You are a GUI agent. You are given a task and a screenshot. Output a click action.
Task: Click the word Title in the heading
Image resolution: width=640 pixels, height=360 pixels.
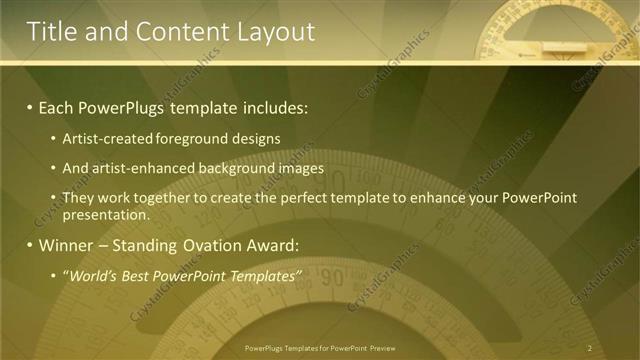click(52, 32)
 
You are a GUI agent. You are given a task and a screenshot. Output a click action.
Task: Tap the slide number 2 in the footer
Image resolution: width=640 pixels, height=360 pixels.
click(590, 348)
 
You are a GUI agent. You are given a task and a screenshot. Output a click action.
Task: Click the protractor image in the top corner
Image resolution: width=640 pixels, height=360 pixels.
click(556, 30)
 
